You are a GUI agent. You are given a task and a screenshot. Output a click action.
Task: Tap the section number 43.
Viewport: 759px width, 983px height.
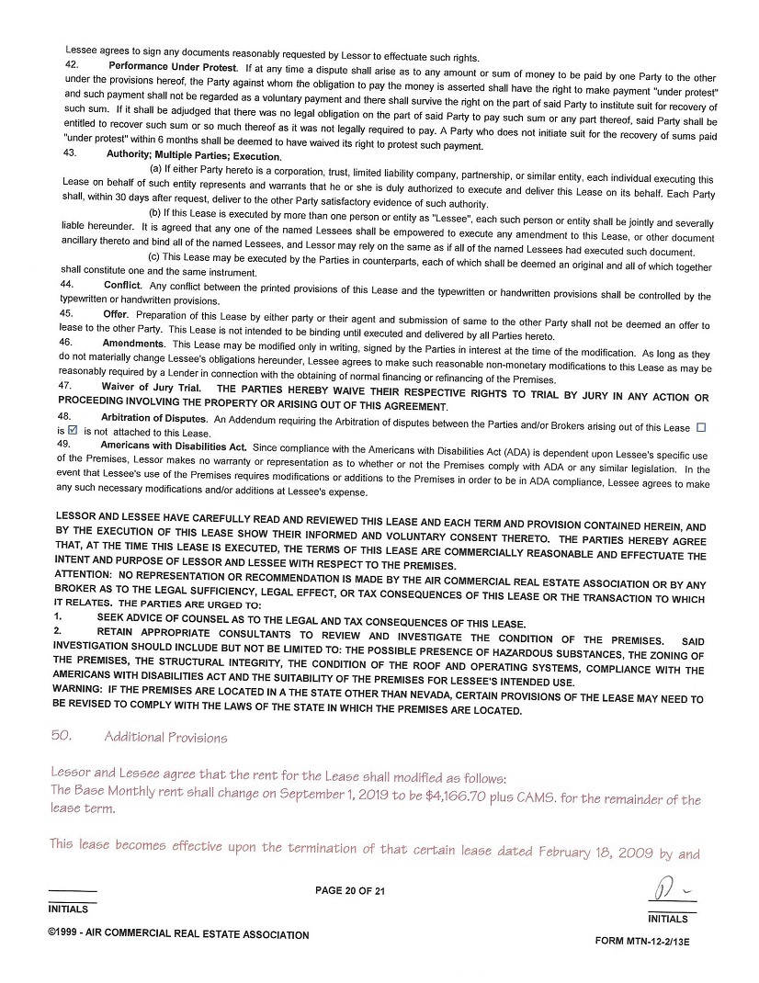point(70,153)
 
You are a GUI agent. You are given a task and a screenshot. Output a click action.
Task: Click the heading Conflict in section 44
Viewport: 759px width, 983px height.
point(122,286)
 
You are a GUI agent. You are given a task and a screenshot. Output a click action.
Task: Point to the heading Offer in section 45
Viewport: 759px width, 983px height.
point(115,313)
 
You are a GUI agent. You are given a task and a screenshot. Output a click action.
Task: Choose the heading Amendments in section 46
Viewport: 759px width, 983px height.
point(133,342)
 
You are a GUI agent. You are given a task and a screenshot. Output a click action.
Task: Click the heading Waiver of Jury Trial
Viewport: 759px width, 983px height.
point(151,386)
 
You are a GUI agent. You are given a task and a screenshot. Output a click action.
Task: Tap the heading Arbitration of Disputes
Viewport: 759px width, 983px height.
point(155,417)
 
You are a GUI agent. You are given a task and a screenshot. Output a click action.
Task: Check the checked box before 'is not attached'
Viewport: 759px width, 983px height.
point(74,429)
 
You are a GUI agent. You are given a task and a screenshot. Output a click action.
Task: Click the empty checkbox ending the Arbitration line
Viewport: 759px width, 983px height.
point(701,427)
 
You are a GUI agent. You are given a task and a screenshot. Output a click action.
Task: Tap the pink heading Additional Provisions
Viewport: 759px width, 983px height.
point(165,737)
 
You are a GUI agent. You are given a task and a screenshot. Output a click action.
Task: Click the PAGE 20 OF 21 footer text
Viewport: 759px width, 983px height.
point(350,890)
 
